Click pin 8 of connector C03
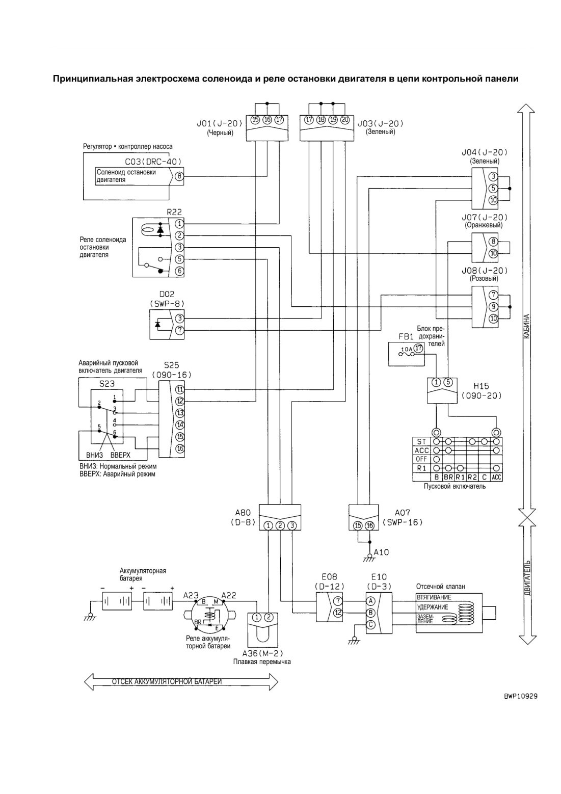(179, 176)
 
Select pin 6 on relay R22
(179, 271)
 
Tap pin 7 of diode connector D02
(180, 330)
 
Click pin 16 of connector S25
(180, 448)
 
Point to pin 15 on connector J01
(255, 120)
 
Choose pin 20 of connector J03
(345, 120)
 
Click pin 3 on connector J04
(493, 176)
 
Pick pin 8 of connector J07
(493, 242)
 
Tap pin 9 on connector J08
(493, 307)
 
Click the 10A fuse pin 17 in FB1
(418, 348)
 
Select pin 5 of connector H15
(448, 382)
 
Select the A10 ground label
(381, 552)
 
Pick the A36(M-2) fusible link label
(262, 653)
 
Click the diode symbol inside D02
(158, 324)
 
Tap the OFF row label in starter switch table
(421, 459)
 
